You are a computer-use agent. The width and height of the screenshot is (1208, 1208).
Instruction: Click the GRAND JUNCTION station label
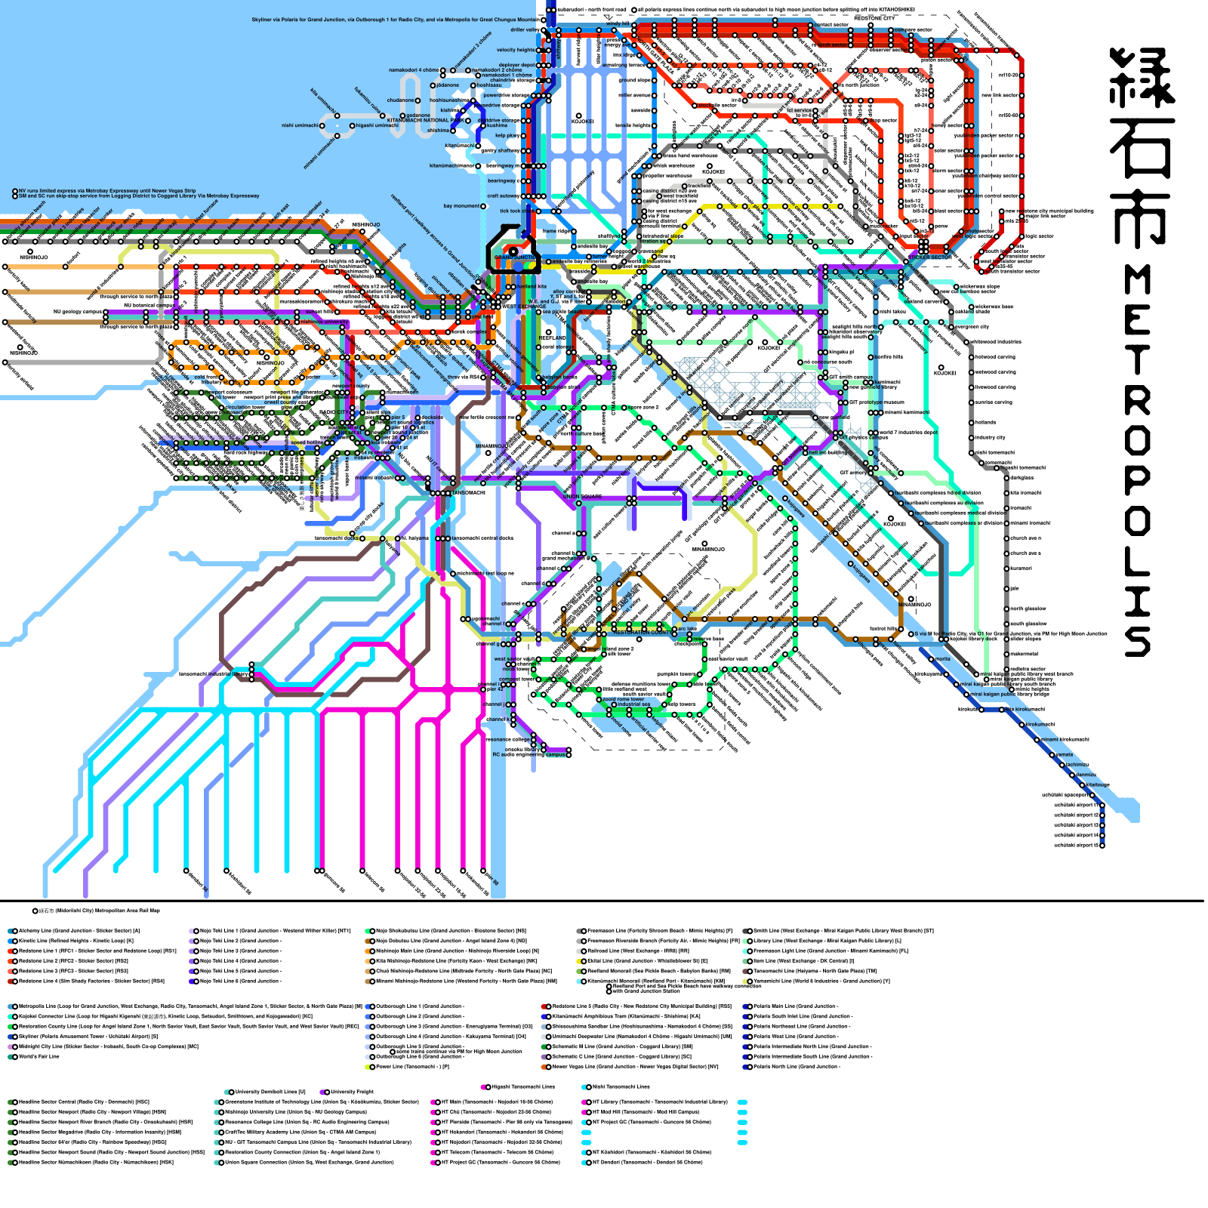[516, 257]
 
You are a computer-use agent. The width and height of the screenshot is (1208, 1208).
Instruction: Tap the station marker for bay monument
[484, 206]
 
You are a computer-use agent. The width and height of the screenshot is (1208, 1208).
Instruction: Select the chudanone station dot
[418, 100]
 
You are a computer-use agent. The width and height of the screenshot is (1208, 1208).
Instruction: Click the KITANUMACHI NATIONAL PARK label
[425, 120]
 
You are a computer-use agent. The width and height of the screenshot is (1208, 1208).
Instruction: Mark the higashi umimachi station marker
[353, 125]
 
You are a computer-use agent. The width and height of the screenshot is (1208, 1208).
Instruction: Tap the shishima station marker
[453, 131]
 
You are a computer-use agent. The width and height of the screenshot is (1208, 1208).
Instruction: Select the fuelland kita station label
[532, 287]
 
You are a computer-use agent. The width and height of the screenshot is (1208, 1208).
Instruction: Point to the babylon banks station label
[559, 377]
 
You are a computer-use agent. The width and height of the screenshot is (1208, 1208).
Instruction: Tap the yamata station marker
[1063, 755]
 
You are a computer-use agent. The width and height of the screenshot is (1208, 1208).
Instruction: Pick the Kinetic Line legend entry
[75, 941]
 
